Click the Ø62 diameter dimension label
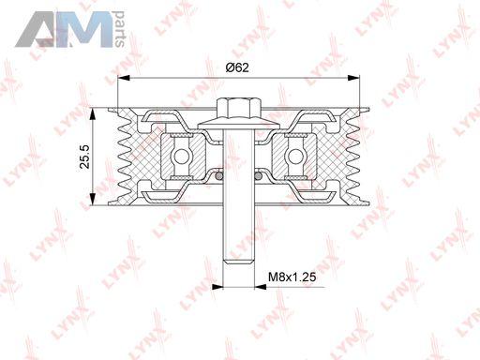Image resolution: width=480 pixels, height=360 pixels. [x=237, y=67]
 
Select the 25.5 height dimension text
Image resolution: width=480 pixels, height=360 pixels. [x=84, y=157]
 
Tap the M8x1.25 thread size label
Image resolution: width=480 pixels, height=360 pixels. [x=292, y=277]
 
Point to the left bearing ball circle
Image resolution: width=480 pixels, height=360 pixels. [x=181, y=157]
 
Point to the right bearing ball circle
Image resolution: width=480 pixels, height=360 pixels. [x=294, y=157]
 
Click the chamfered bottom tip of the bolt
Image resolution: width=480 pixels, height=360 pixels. [x=238, y=261]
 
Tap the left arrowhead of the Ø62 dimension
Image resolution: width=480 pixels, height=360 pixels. [x=124, y=78]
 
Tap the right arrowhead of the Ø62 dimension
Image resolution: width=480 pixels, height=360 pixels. [x=353, y=78]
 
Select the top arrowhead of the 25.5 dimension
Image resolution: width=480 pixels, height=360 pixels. [x=93, y=114]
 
